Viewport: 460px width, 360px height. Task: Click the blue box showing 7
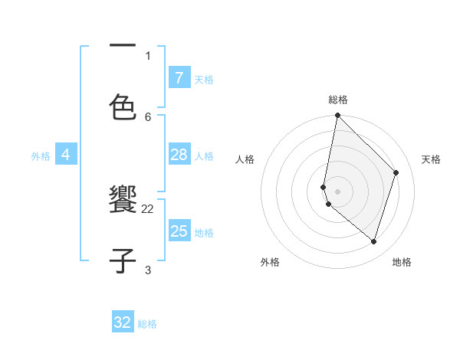179,77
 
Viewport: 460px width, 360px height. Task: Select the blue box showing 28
179,155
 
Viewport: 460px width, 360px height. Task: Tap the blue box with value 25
179,231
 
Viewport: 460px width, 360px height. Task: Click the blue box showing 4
66,155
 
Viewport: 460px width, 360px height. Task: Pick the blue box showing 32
123,322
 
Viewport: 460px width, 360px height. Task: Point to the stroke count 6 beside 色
148,116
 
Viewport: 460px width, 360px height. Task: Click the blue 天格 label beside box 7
204,79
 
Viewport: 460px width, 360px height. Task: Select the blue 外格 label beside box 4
41,155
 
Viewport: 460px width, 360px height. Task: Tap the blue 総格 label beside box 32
147,324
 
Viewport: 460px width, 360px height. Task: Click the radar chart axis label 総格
338,100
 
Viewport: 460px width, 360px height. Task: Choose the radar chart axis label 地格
402,262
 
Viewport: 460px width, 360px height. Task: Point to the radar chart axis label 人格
245,159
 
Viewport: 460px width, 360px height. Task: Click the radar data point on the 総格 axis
337,116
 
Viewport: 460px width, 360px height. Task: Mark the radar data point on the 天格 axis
396,172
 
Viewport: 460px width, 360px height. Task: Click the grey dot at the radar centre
337,191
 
